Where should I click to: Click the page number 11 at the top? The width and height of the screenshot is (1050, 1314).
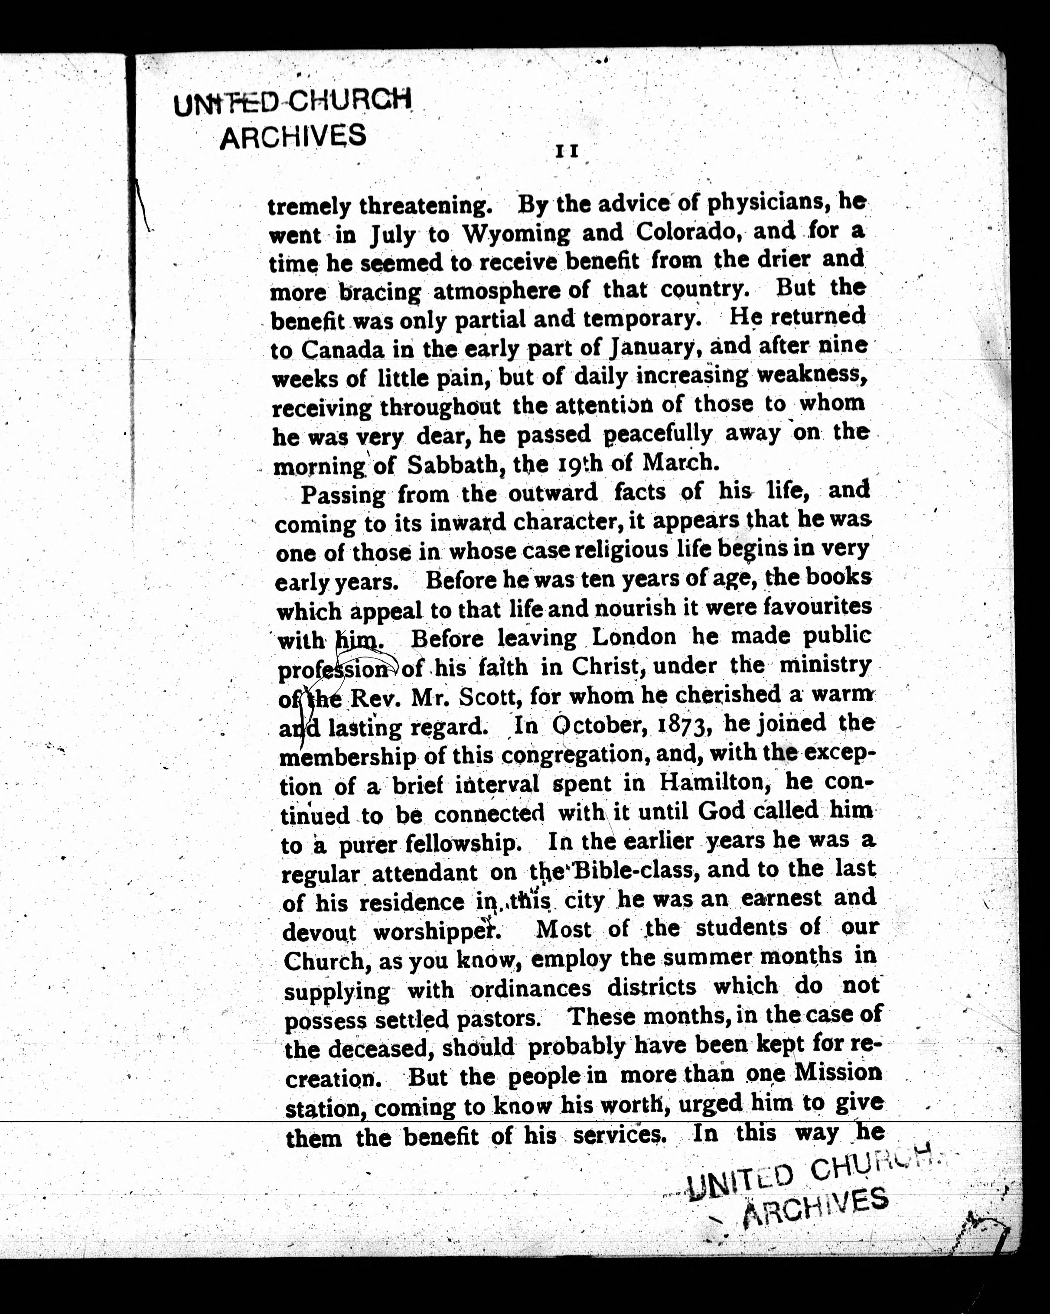(567, 152)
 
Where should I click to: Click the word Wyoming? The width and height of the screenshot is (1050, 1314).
(516, 234)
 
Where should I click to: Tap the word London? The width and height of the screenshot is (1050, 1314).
(634, 637)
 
